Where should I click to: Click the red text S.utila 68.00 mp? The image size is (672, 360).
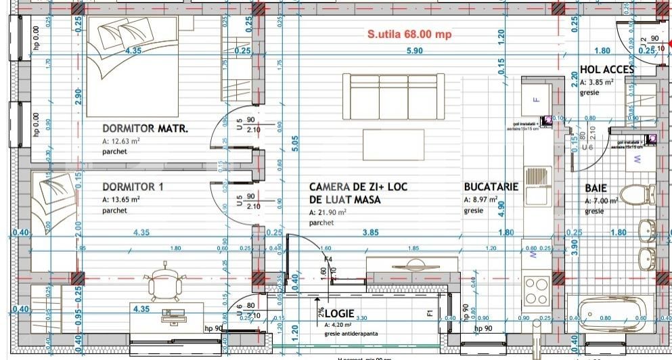coord(409,34)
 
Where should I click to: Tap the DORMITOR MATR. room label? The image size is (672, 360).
coord(145,128)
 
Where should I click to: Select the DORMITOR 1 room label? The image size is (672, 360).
coord(133,187)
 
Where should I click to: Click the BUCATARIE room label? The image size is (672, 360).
coord(491,187)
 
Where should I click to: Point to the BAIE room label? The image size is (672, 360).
coord(596,188)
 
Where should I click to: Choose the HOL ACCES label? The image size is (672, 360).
coord(606,69)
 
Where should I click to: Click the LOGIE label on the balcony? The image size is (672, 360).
coord(340,314)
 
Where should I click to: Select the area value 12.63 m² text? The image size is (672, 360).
coord(121,141)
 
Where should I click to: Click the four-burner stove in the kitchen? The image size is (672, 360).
coord(537,291)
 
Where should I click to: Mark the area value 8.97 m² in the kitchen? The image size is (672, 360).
coord(481,200)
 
